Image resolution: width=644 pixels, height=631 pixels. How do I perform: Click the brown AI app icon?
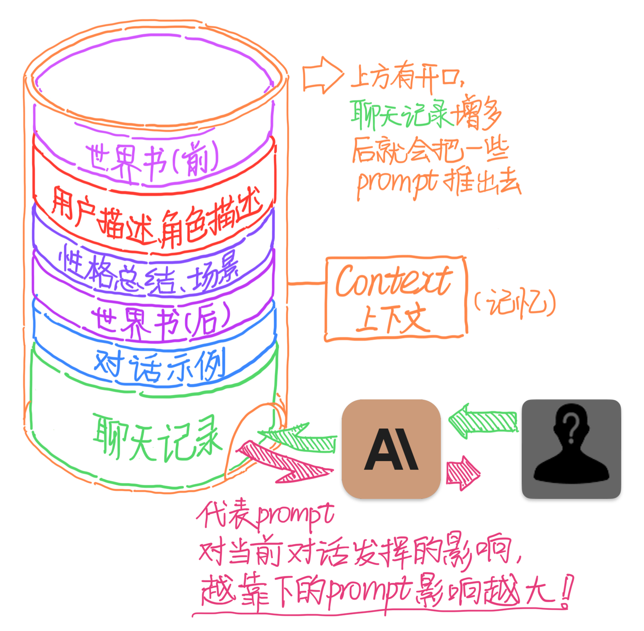pyautogui.click(x=391, y=449)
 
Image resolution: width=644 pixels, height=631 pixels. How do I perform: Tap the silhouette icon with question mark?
pyautogui.click(x=571, y=449)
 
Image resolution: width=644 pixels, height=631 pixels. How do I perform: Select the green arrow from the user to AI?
pyautogui.click(x=482, y=421)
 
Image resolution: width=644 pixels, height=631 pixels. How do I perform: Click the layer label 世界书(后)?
pyautogui.click(x=159, y=321)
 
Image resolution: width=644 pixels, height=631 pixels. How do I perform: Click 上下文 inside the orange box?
pyautogui.click(x=393, y=319)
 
